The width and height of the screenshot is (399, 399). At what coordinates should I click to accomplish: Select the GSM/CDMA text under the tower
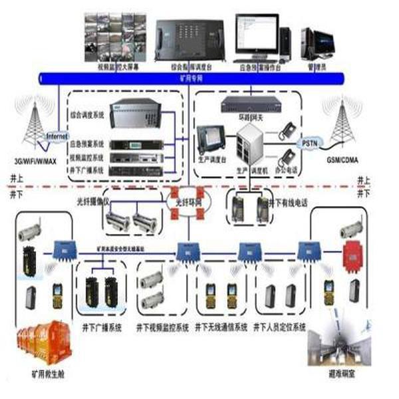click(x=342, y=161)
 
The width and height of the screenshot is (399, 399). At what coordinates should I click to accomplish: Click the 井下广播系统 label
click(x=101, y=327)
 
